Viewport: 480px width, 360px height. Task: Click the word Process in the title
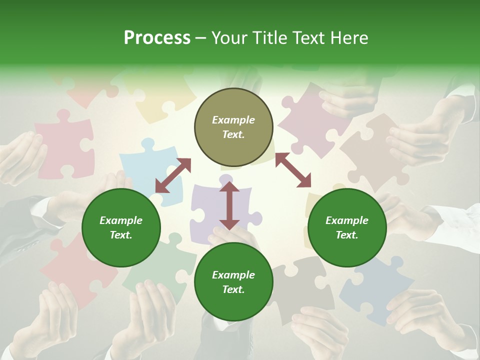(157, 38)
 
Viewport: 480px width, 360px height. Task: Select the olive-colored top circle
(233, 127)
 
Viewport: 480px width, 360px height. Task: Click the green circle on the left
(121, 227)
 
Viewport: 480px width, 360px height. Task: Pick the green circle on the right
(347, 227)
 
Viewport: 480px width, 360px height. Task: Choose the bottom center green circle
(233, 282)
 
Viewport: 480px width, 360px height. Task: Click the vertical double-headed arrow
(229, 205)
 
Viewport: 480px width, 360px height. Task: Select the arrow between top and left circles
(173, 175)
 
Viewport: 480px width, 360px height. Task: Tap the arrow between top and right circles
(293, 170)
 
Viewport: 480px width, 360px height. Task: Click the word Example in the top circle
(233, 120)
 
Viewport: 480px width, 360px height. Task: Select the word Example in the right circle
(347, 220)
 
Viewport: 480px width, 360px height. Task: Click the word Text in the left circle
(120, 235)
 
